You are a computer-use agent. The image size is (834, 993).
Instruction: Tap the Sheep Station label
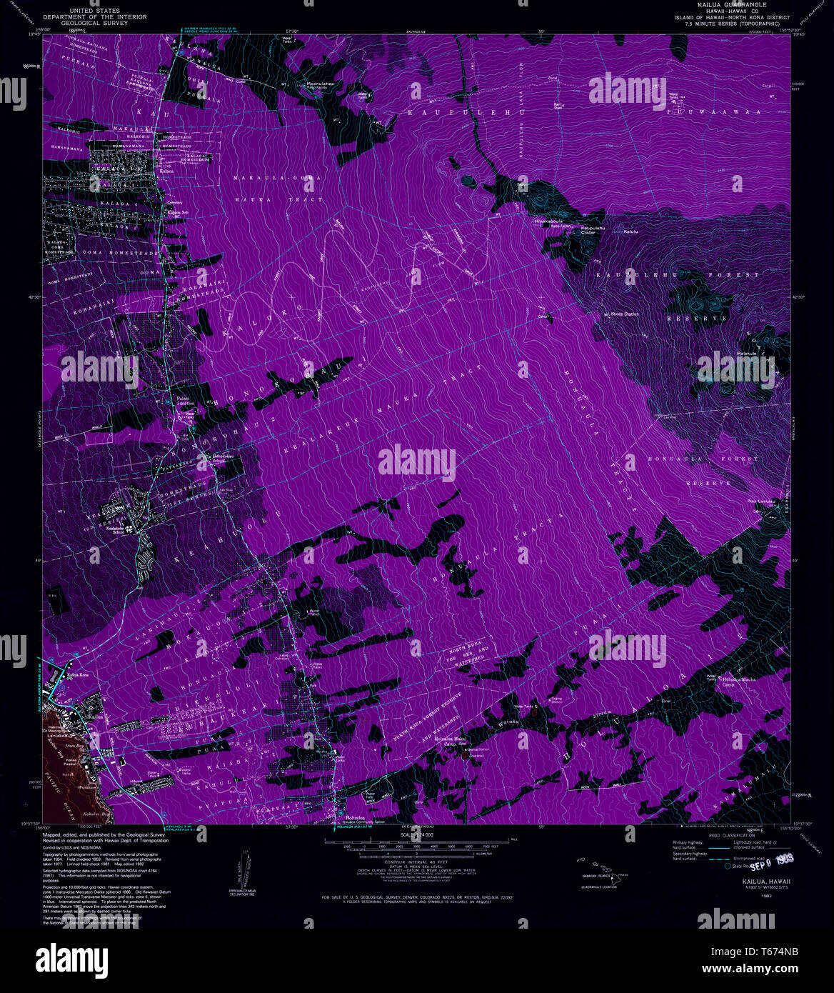coord(623,314)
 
